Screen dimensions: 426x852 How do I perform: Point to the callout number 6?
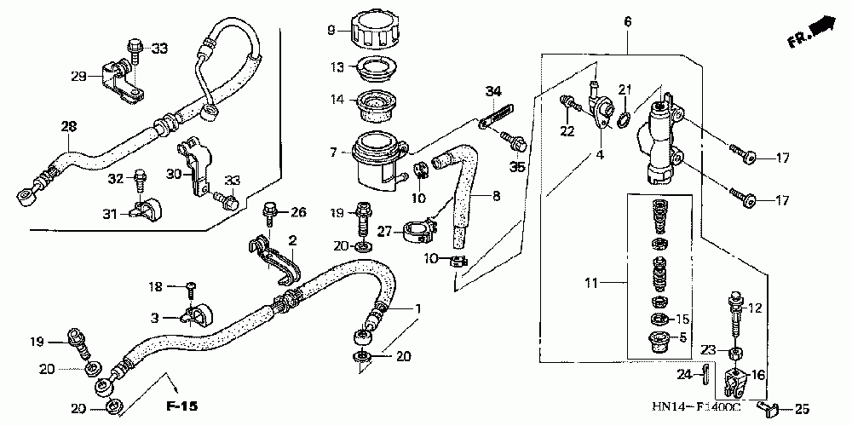point(628,21)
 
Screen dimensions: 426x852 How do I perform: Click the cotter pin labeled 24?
point(706,373)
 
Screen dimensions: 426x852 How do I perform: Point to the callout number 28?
point(68,126)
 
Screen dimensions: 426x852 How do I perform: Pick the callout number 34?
point(492,91)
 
